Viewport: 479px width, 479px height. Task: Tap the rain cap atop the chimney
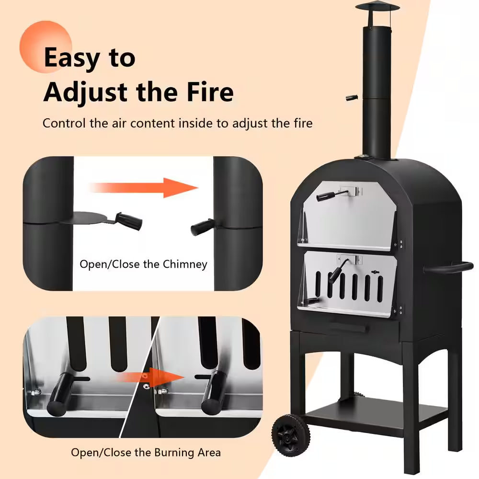point(377,7)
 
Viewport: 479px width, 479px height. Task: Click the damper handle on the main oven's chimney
point(352,98)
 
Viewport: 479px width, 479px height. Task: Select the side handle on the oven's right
point(448,268)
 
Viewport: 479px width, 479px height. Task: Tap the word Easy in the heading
point(72,58)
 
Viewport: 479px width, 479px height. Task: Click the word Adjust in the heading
point(86,92)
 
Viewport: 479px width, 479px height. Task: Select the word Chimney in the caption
point(185,264)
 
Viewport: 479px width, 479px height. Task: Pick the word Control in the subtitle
point(64,123)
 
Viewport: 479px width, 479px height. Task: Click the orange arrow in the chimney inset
point(144,188)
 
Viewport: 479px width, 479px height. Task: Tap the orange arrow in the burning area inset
point(150,377)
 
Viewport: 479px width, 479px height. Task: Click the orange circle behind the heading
point(46,47)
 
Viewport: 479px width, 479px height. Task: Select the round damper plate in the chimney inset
point(91,217)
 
